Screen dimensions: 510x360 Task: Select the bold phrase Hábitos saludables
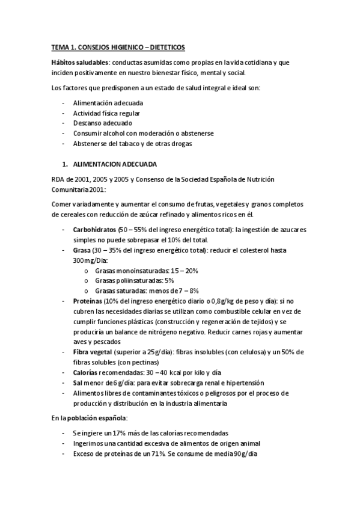[74, 62]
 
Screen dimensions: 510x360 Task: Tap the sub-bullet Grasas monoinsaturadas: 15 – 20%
[146, 271]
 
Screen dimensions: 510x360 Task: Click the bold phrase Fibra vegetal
[92, 352]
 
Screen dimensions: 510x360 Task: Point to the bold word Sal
[78, 382]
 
